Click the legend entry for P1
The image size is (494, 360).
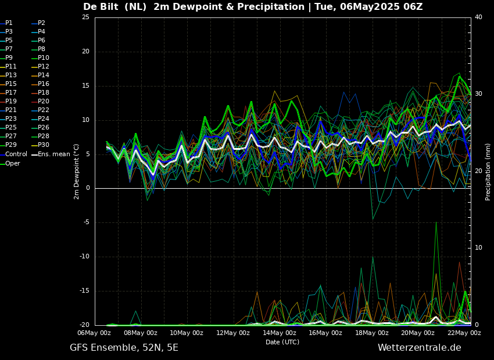pyautogui.click(x=9, y=23)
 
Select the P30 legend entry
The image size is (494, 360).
pyautogui.click(x=44, y=145)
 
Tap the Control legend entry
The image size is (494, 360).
pyautogui.click(x=16, y=154)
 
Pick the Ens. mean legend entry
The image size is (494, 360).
pyautogui.click(x=53, y=154)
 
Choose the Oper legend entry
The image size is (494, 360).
pyautogui.click(x=13, y=163)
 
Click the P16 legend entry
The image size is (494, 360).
pyautogui.click(x=44, y=84)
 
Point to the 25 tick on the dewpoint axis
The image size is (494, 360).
pyautogui.click(x=85, y=17)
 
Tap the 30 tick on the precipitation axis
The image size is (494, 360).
pyautogui.click(x=478, y=93)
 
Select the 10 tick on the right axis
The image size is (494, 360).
pyautogui.click(x=478, y=248)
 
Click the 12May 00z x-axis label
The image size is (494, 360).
pyautogui.click(x=233, y=333)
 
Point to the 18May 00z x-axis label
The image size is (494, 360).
pyautogui.click(x=372, y=333)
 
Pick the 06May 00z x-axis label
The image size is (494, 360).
pyautogui.click(x=94, y=333)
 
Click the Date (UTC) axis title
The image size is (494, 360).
pyautogui.click(x=282, y=342)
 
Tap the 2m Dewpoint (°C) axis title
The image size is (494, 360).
pyautogui.click(x=77, y=171)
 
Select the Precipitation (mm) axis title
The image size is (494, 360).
pyautogui.click(x=488, y=171)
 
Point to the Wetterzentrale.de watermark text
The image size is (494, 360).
pyautogui.click(x=419, y=348)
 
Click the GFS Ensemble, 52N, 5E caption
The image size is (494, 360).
pyautogui.click(x=124, y=348)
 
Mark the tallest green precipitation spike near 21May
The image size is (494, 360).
pyautogui.click(x=436, y=222)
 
